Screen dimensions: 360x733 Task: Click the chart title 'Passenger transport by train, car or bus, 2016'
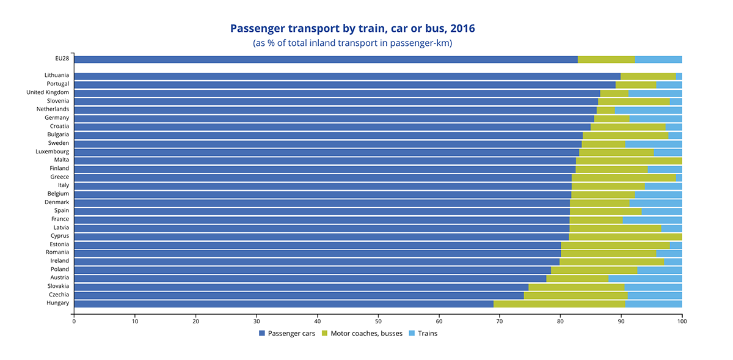point(352,29)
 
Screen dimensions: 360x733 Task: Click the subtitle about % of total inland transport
point(352,43)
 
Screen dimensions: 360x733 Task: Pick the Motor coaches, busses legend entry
point(362,333)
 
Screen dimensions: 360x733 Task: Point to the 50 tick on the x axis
point(378,320)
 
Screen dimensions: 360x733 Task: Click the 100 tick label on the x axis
point(682,320)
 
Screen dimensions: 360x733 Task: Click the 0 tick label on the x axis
point(74,320)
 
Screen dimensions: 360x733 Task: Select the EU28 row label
point(62,59)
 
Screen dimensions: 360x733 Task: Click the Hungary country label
point(57,303)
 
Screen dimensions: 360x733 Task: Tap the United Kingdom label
point(48,92)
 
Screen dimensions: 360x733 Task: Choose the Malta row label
point(61,160)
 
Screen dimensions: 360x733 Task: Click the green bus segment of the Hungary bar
point(559,303)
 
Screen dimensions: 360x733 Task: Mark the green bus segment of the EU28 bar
point(606,59)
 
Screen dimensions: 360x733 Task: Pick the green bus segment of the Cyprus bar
point(625,236)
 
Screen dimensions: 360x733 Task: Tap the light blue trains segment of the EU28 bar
point(658,59)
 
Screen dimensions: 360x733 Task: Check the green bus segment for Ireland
point(611,261)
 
